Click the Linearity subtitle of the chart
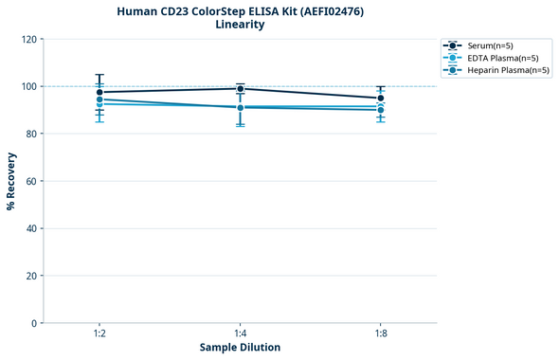[x=240, y=25]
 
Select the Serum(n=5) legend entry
[x=490, y=45]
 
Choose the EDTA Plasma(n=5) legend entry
[x=503, y=58]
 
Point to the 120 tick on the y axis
[x=28, y=39]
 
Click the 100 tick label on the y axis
[x=28, y=86]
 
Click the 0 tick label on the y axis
[x=34, y=323]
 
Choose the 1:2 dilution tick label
[x=99, y=333]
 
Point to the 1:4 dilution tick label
[x=240, y=333]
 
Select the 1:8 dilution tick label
[x=381, y=333]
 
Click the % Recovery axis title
[x=11, y=181]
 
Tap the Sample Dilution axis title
[x=240, y=348]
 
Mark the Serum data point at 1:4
[x=241, y=89]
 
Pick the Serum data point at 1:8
[x=381, y=98]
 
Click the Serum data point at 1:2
[x=99, y=93]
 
